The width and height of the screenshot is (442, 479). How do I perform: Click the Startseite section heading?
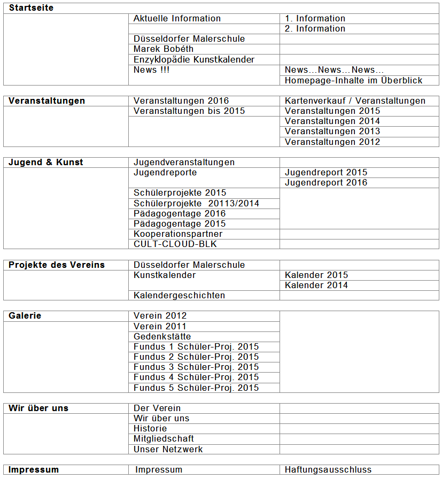[x=31, y=8]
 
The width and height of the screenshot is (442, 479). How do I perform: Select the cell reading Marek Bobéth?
[x=164, y=49]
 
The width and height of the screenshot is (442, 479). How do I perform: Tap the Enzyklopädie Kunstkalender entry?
[x=194, y=59]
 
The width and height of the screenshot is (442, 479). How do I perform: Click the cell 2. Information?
[x=315, y=29]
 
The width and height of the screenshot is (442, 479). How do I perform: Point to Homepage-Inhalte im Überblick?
[x=353, y=80]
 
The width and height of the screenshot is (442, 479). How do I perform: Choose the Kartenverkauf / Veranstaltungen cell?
[x=355, y=101]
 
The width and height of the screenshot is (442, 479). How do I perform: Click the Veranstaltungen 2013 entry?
[x=332, y=132]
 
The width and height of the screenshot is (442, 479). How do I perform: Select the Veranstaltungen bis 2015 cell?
[x=189, y=111]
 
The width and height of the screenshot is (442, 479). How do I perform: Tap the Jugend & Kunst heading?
[x=46, y=162]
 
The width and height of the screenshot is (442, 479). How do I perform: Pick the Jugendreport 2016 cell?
[x=326, y=183]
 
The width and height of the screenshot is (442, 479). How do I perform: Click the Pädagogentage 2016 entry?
[x=180, y=213]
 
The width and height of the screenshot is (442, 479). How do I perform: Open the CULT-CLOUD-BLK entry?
[x=175, y=244]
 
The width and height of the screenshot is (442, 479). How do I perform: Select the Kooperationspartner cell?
[x=178, y=234]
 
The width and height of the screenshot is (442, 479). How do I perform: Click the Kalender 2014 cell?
[x=316, y=285]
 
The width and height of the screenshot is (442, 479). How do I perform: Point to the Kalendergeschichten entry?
[x=180, y=296]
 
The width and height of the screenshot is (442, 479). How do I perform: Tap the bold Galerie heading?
[x=25, y=316]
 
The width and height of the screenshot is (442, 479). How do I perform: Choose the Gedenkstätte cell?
[x=162, y=336]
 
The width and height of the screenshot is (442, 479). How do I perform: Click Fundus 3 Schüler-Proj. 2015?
[x=196, y=367]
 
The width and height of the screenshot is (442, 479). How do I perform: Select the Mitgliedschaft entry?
[x=164, y=439]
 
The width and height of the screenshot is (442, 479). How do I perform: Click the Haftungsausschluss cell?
[x=328, y=470]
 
